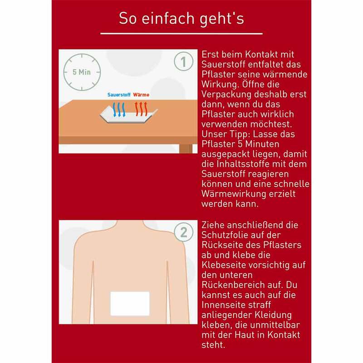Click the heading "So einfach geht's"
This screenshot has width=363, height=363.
click(181, 19)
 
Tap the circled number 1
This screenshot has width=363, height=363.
click(184, 61)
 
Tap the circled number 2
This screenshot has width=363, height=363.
click(184, 232)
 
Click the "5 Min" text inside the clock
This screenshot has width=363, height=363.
click(82, 72)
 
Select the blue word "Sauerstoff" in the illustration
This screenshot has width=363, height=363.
click(119, 95)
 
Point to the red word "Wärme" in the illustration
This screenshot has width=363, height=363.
click(141, 95)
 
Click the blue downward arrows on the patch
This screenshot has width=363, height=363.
click(119, 109)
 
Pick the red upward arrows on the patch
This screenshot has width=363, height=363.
click(141, 109)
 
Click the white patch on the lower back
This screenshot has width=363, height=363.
click(130, 304)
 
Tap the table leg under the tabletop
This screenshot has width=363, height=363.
click(186, 149)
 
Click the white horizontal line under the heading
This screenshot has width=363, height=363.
click(181, 34)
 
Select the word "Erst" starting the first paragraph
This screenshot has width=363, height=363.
click(210, 54)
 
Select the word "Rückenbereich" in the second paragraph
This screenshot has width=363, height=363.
click(233, 285)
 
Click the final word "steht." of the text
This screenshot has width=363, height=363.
click(213, 345)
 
